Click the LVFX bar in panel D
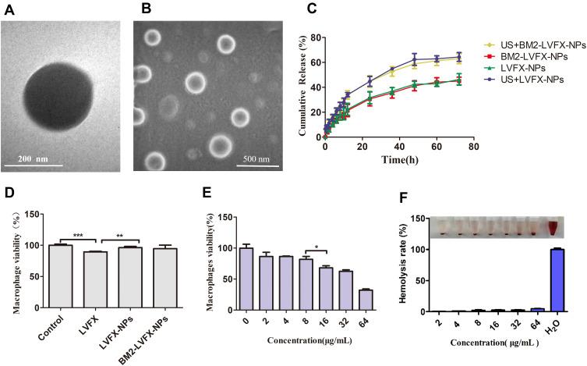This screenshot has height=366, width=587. point(91,281)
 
